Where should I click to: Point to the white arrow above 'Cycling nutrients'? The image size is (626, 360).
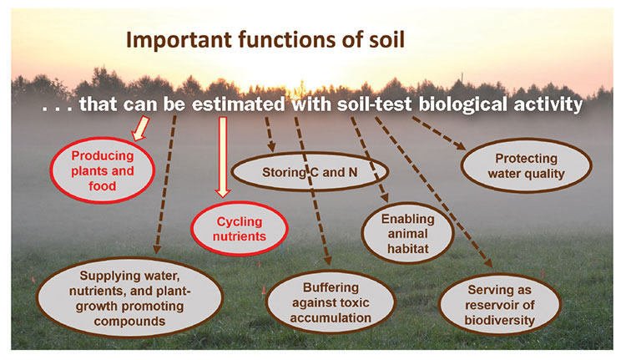tap(223, 157)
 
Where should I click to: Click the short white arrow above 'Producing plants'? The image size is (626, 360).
tap(141, 129)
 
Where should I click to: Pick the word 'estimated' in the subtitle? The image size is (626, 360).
tap(239, 104)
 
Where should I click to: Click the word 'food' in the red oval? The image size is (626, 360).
tap(102, 186)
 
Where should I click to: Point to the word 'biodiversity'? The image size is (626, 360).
tap(499, 320)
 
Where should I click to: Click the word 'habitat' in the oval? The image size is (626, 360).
tap(407, 249)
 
